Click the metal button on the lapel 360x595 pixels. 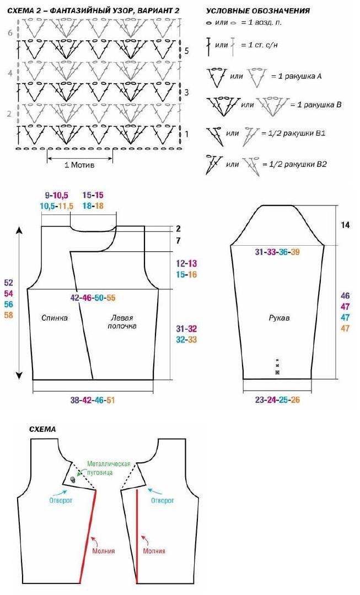coord(73,480)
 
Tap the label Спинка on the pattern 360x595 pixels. coord(55,318)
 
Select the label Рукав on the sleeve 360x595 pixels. coord(279,318)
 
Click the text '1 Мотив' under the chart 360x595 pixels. coord(79,165)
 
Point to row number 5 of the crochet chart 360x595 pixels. coord(186,51)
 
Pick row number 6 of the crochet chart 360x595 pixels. coord(10,33)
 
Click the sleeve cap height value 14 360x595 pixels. coord(345,225)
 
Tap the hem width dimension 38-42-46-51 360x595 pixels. coord(92,400)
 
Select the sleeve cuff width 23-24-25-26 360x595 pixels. coord(277,400)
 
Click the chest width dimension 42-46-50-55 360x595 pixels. coord(93,298)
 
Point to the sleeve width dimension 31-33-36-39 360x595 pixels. coord(277,252)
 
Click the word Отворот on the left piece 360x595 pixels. coord(61,500)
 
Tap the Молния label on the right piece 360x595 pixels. coord(154,551)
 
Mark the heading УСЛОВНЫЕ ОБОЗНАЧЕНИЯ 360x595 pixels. coord(258,11)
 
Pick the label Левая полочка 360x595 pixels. coord(122,322)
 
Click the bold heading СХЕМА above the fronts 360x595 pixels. coord(42,429)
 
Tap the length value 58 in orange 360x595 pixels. coord(8,315)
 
